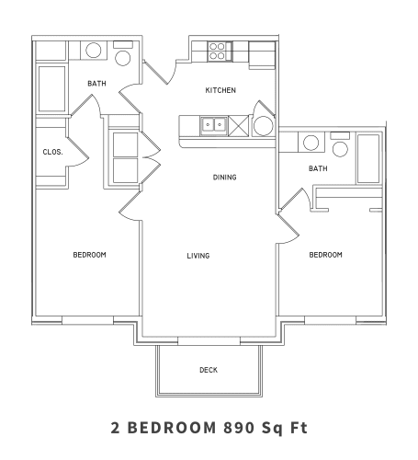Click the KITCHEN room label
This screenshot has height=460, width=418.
pyautogui.click(x=220, y=90)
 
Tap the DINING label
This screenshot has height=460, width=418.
pyautogui.click(x=226, y=177)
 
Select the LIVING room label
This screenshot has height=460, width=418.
pyautogui.click(x=198, y=255)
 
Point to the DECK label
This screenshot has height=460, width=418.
pyautogui.click(x=209, y=370)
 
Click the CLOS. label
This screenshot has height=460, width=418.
pyautogui.click(x=51, y=152)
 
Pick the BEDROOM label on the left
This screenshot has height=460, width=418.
pyautogui.click(x=90, y=255)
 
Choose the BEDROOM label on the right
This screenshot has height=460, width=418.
pyautogui.click(x=325, y=255)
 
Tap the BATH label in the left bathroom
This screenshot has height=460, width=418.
pyautogui.click(x=96, y=84)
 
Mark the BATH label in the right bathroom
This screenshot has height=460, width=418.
pyautogui.click(x=318, y=168)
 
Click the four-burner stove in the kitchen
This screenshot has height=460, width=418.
pyautogui.click(x=218, y=50)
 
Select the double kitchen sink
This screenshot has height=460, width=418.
pyautogui.click(x=214, y=124)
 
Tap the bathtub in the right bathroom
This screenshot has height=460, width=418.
pyautogui.click(x=368, y=158)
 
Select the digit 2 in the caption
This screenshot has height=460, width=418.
pyautogui.click(x=115, y=427)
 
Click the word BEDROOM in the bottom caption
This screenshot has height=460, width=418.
pyautogui.click(x=174, y=427)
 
